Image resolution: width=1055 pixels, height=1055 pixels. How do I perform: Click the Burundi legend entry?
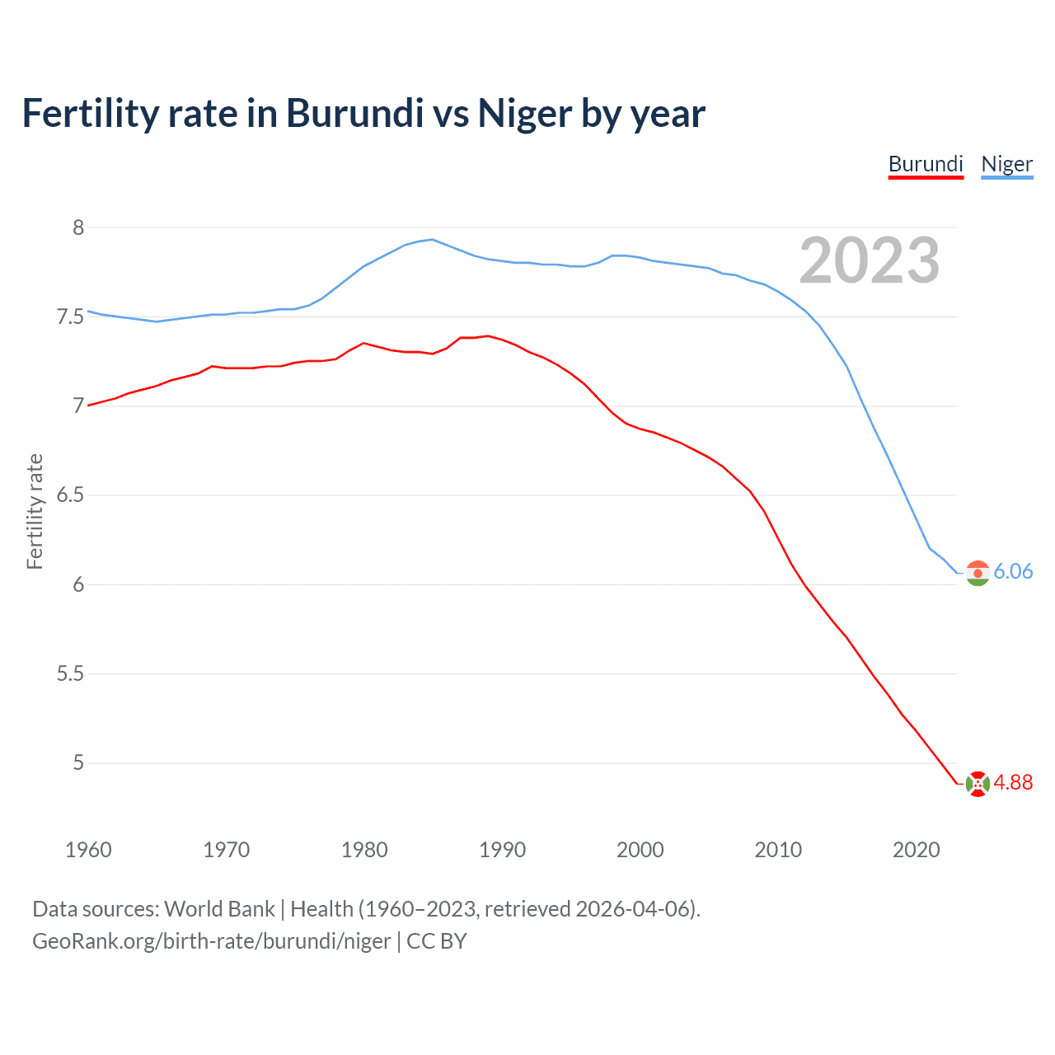tap(926, 164)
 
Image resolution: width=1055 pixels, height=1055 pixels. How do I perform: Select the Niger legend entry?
tap(1006, 164)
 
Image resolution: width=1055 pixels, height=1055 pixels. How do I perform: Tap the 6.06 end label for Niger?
tap(1013, 571)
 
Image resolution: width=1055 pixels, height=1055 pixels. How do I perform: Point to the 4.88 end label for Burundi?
tap(1013, 782)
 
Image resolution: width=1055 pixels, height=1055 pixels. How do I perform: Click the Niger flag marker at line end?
tap(978, 573)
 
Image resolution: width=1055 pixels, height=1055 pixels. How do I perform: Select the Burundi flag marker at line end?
tap(978, 784)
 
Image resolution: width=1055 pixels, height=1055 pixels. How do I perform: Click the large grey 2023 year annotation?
tap(869, 260)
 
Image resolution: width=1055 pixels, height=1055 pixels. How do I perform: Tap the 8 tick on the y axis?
tap(78, 227)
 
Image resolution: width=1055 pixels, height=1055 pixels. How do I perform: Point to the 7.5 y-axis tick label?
tap(70, 317)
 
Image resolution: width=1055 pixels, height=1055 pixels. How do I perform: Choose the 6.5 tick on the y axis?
tap(70, 495)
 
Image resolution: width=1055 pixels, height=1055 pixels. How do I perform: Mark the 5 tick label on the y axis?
tap(78, 763)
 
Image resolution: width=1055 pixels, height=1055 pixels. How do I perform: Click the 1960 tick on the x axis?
tap(88, 850)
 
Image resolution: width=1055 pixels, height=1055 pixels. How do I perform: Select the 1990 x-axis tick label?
tap(502, 850)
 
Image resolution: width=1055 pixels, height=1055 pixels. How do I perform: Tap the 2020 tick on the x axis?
tap(916, 850)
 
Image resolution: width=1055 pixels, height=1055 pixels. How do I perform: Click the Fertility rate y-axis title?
tap(35, 511)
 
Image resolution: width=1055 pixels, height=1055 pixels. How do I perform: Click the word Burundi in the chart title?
tap(354, 114)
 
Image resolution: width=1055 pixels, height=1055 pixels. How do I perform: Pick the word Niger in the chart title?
tap(524, 114)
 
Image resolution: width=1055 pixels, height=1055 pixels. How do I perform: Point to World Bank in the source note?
tap(219, 909)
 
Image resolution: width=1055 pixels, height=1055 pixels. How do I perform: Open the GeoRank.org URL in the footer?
tap(211, 941)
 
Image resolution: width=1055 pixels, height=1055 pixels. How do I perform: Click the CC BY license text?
tap(437, 941)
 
